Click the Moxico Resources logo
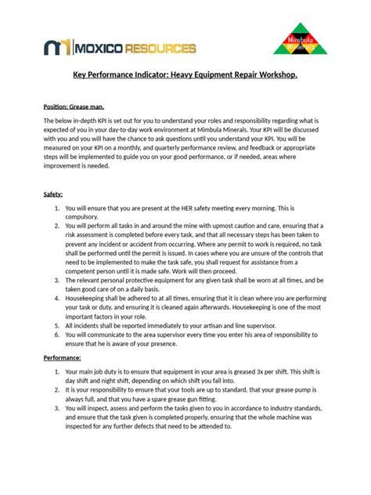point(119,49)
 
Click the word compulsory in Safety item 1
point(87,220)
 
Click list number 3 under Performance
point(57,409)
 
